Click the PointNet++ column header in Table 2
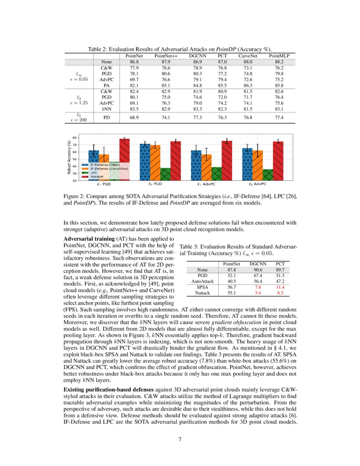point(166,56)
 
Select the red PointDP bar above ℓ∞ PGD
point(124,159)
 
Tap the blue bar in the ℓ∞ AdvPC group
point(196,165)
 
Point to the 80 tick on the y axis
point(75,138)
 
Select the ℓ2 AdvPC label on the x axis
point(257,184)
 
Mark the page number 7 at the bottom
point(180,438)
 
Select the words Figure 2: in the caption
point(75,197)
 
